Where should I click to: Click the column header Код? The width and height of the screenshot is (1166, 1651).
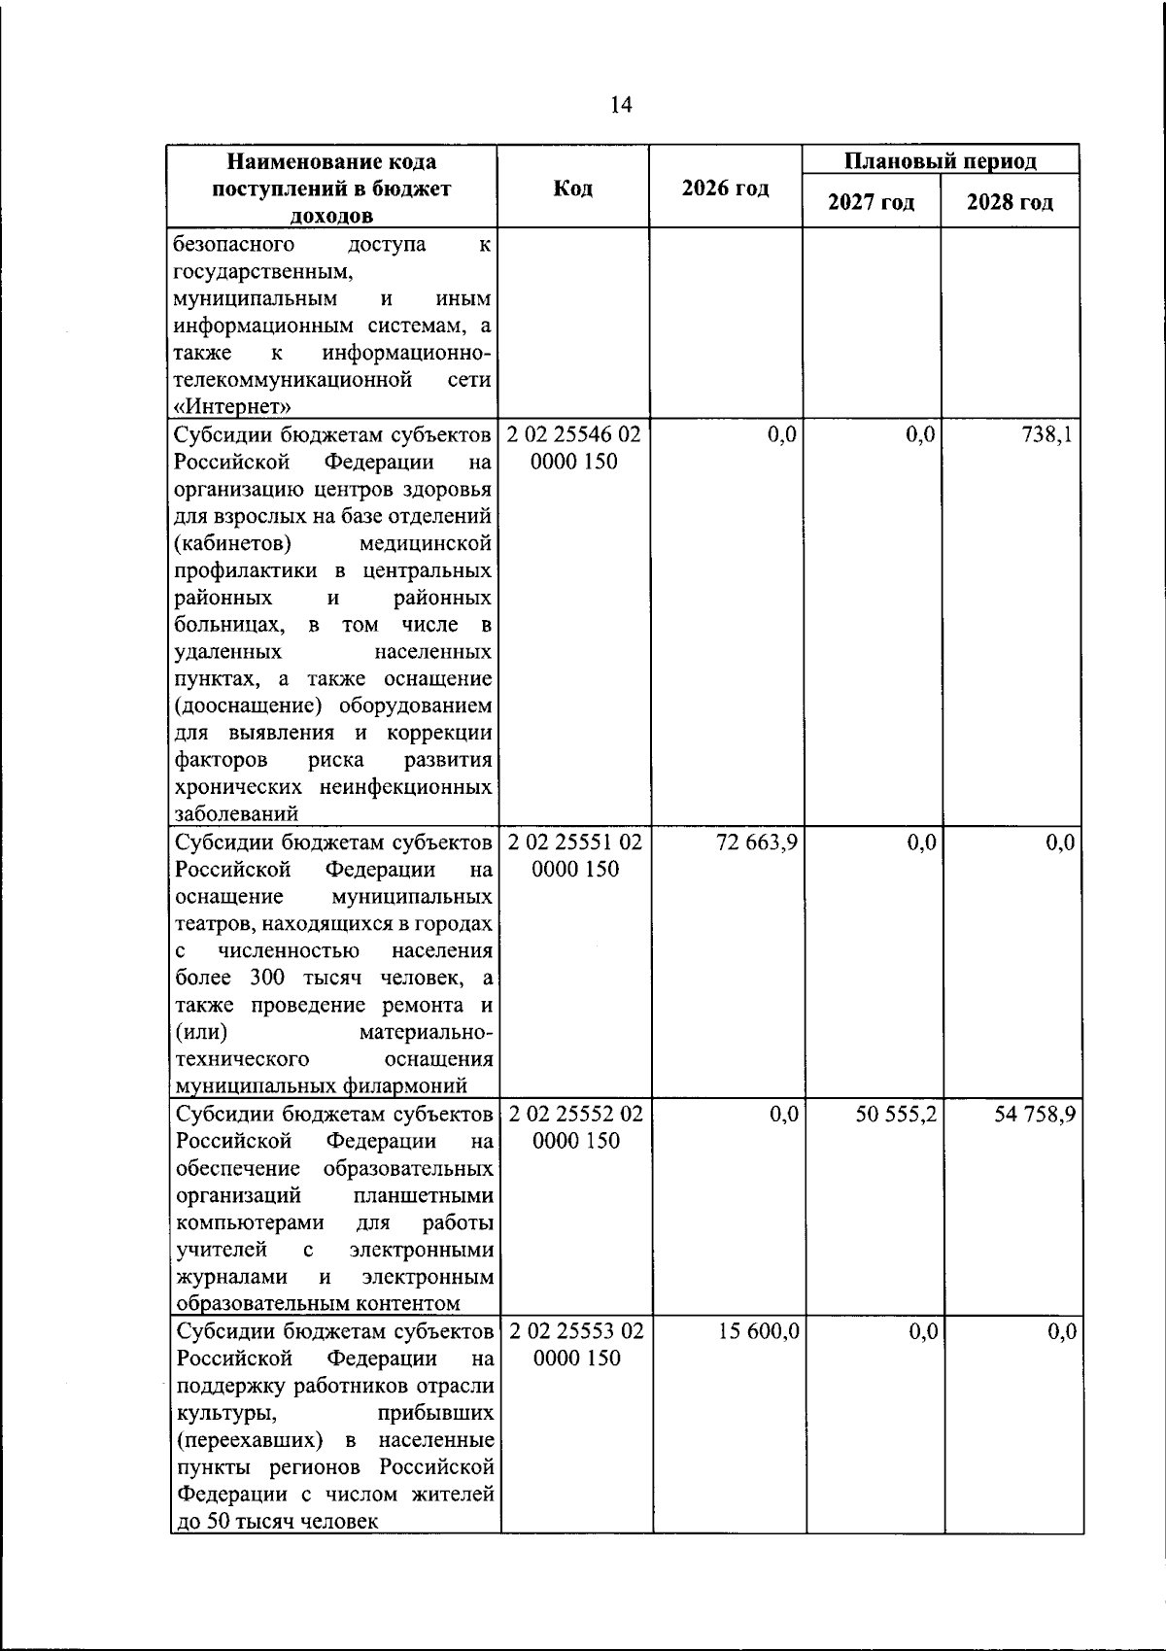coord(573,189)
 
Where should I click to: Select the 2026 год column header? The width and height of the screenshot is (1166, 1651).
coord(725,189)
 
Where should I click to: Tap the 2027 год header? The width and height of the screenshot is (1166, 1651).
coord(871,202)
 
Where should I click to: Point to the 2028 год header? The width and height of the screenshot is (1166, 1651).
coord(1010,202)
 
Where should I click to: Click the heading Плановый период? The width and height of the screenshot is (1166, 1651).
coord(940,161)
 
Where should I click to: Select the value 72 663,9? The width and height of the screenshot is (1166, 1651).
coord(757,843)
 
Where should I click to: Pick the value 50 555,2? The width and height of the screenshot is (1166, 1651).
coord(896,1114)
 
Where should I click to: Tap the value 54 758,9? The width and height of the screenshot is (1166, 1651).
coord(1035,1114)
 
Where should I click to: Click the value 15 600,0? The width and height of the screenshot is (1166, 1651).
coord(759,1331)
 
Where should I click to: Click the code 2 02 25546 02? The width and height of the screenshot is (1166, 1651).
coord(574,434)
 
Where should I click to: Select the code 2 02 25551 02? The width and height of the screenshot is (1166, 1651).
coord(575,843)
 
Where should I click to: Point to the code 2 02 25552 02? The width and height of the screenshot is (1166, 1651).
coord(575,1114)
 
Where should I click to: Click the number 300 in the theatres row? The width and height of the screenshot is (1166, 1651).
coord(266,978)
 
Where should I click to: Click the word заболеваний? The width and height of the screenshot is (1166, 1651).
coord(236,814)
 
